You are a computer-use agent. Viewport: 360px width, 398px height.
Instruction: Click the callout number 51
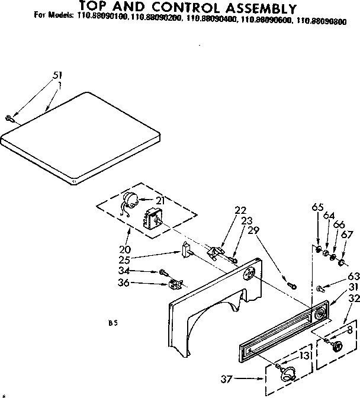click(57, 75)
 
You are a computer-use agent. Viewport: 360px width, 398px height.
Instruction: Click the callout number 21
click(159, 201)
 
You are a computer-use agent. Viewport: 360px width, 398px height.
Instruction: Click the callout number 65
click(318, 207)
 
